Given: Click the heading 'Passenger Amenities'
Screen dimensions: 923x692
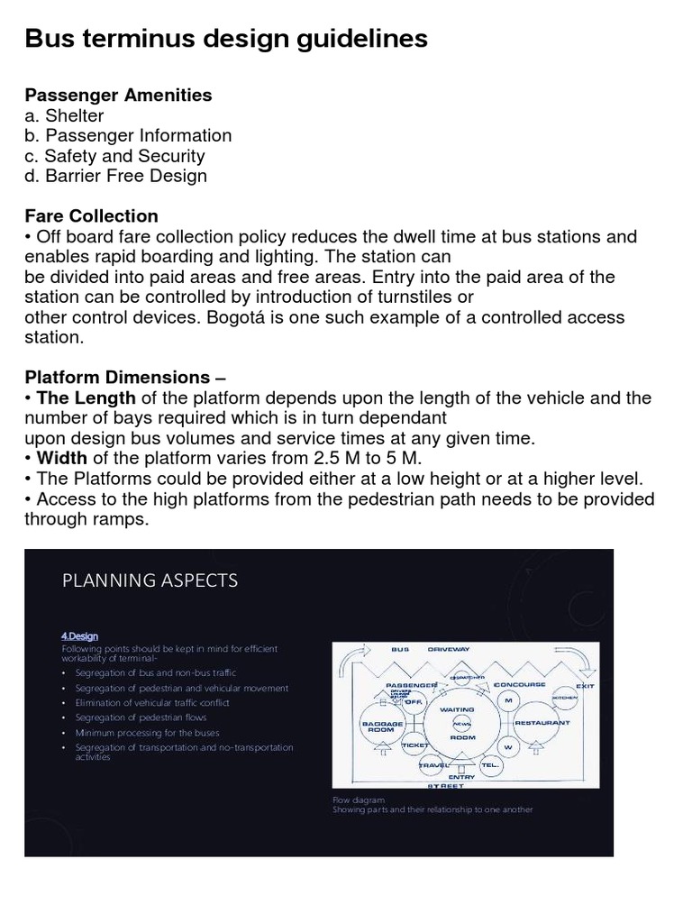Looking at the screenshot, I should tap(118, 95).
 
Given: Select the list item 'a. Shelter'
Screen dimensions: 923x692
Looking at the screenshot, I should tap(64, 115).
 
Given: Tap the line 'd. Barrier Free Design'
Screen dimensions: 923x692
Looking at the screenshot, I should tap(115, 176).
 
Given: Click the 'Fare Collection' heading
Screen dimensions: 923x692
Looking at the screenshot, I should tap(91, 216).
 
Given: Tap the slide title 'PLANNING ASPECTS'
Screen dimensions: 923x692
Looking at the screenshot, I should tap(150, 580).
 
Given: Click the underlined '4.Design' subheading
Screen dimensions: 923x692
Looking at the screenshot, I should tap(80, 635).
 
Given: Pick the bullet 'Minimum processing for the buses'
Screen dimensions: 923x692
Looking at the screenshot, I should tap(137, 732).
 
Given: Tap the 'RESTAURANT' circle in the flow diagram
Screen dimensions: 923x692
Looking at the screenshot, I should tap(542, 722).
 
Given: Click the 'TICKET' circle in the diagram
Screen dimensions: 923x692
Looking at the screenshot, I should tap(415, 746).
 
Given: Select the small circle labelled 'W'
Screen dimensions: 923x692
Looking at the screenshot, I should tap(508, 747).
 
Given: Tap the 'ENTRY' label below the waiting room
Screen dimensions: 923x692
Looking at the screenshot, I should tap(460, 776).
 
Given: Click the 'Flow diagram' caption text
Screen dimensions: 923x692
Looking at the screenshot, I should tap(359, 799).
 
